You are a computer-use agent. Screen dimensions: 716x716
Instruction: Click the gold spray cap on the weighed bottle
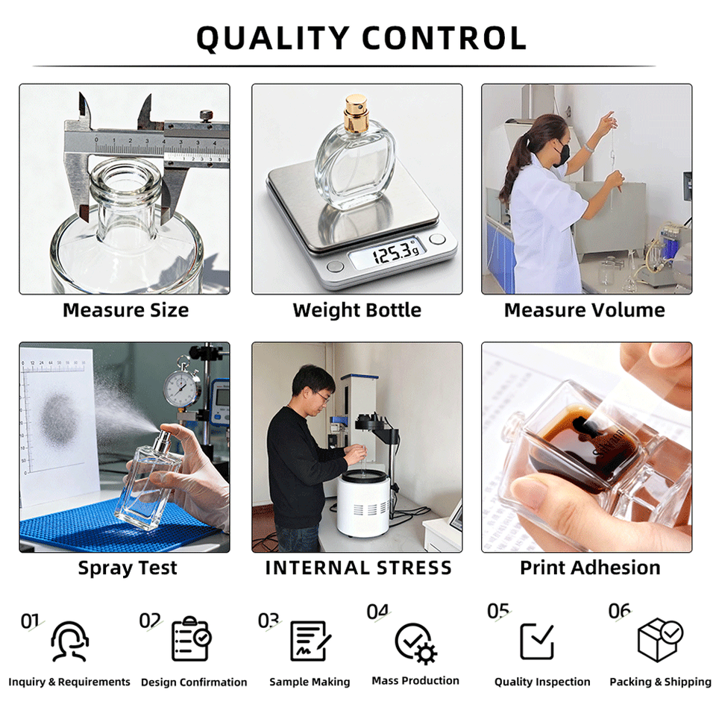pyautogui.click(x=355, y=113)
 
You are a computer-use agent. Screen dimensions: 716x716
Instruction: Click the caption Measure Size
pyautogui.click(x=125, y=310)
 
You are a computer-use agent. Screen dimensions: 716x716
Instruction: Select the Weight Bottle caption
pyautogui.click(x=357, y=310)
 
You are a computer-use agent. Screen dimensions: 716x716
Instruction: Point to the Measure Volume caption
pyautogui.click(x=585, y=310)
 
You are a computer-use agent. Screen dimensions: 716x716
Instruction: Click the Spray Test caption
pyautogui.click(x=128, y=568)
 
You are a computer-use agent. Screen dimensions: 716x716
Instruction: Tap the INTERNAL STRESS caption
pyautogui.click(x=359, y=568)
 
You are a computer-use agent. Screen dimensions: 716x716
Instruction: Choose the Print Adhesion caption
pyautogui.click(x=590, y=568)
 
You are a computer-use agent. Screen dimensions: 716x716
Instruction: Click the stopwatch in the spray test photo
pyautogui.click(x=181, y=386)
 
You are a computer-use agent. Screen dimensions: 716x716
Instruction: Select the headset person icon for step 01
pyautogui.click(x=69, y=641)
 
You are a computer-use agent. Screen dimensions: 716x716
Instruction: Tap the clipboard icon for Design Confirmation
pyautogui.click(x=192, y=638)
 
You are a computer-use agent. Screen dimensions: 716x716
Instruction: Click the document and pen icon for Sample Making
pyautogui.click(x=310, y=641)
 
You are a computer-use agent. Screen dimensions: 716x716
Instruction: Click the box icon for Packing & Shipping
pyautogui.click(x=660, y=640)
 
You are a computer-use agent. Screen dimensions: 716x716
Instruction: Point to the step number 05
pyautogui.click(x=498, y=611)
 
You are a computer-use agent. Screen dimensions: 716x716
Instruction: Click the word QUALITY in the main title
pyautogui.click(x=273, y=38)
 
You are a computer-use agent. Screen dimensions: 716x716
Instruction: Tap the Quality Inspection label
pyautogui.click(x=542, y=682)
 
